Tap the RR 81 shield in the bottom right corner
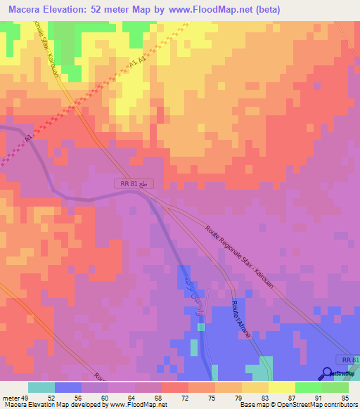point(347,360)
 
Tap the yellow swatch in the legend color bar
point(282,387)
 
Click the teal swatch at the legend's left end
point(41,387)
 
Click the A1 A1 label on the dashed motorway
point(138,64)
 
